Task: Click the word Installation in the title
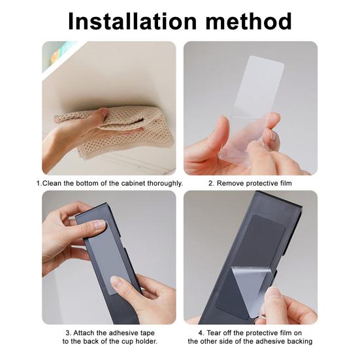pyautogui.click(x=133, y=22)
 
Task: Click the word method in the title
pyautogui.click(x=249, y=22)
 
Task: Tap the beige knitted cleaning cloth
pyautogui.click(x=114, y=131)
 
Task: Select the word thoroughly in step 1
pyautogui.click(x=165, y=184)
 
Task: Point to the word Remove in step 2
pyautogui.click(x=231, y=183)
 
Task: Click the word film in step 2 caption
pyautogui.click(x=286, y=183)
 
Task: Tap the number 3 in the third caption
pyautogui.click(x=68, y=333)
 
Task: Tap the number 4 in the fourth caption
pyautogui.click(x=201, y=333)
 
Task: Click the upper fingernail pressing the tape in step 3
pyautogui.click(x=99, y=225)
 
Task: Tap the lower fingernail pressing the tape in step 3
pyautogui.click(x=116, y=282)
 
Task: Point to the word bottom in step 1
pyautogui.click(x=87, y=183)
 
